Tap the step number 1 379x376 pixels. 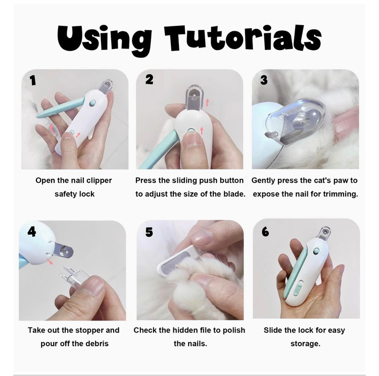click(33, 80)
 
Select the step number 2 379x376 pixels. click(150, 79)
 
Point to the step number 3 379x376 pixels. click(264, 80)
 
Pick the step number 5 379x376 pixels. click(149, 232)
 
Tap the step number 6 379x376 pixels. click(265, 232)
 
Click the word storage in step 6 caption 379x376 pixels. click(305, 344)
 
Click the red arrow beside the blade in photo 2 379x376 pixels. click(207, 102)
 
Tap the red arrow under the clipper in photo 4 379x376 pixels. click(50, 261)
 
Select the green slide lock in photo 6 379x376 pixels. click(297, 289)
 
